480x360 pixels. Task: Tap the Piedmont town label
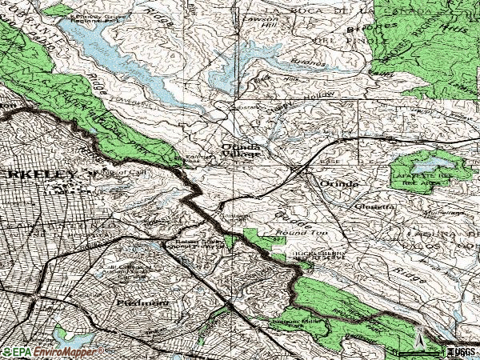point(143,304)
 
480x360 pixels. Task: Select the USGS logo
point(462,351)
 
